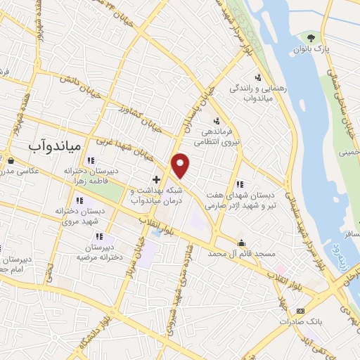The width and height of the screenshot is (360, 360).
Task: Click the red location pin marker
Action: [181, 166]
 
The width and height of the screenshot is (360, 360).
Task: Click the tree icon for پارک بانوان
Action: [311, 37]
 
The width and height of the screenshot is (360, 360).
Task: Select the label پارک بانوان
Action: [310, 50]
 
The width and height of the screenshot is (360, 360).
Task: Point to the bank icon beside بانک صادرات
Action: [300, 311]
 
